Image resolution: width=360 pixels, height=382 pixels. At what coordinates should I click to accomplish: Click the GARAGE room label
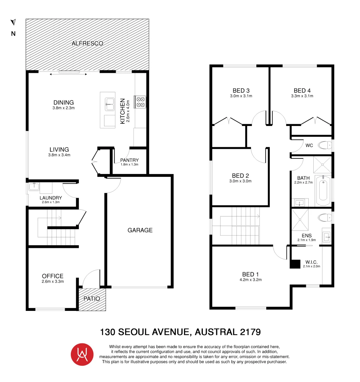coord(140,230)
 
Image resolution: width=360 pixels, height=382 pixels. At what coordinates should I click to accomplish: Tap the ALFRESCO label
coord(87,44)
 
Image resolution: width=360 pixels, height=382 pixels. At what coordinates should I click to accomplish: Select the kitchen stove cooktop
coord(140,102)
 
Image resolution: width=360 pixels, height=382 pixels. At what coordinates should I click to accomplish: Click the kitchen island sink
coord(109,103)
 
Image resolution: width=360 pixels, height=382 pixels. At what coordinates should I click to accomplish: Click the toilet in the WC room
coord(324,145)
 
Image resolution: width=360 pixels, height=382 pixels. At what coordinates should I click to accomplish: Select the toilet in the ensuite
coord(324,217)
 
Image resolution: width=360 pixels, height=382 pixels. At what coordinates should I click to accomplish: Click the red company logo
coord(82,354)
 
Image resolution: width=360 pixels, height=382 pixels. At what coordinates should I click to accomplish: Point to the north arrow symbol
coord(13,23)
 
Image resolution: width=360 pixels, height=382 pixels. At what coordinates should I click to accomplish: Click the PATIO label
coord(92,299)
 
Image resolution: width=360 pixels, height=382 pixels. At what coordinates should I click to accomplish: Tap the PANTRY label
coord(129,160)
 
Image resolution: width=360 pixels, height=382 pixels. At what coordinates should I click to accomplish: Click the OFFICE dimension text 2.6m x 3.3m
coord(52,282)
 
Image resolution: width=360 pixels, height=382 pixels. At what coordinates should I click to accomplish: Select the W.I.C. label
coord(311,262)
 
